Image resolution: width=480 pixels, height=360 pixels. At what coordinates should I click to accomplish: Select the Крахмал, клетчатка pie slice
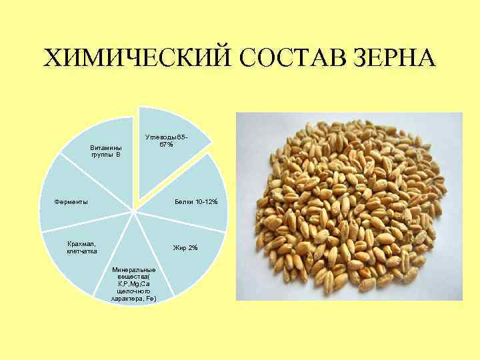pos(80,257)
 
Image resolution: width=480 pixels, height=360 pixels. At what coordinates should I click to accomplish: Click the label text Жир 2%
pos(185,248)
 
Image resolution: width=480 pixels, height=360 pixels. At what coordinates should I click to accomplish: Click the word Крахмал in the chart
pos(81,244)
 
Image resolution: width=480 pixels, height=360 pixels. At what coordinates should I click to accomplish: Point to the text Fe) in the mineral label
pos(150,299)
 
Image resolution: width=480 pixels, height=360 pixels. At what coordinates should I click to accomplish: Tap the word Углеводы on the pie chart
pos(160,137)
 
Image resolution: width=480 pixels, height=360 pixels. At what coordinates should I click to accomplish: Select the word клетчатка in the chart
pos(82,251)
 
